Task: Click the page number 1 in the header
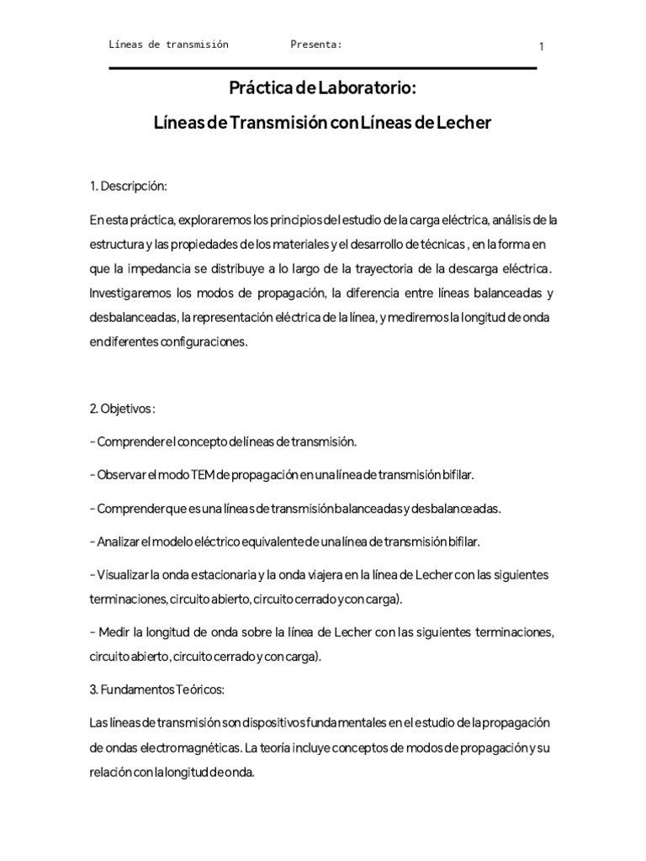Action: [x=541, y=47]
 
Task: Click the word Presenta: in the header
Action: [x=315, y=45]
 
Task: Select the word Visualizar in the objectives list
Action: [x=124, y=575]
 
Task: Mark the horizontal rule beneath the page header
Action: [x=323, y=68]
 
